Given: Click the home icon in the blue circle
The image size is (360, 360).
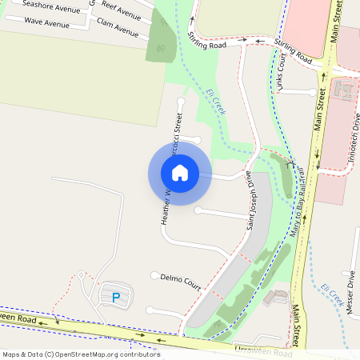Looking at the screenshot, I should click(180, 173).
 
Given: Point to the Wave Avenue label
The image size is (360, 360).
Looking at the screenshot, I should click(45, 21).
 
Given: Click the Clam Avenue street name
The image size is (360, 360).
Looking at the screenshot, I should click(117, 28).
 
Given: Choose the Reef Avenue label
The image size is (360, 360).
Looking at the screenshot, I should click(122, 11).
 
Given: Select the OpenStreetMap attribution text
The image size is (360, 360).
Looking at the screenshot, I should click(81, 354).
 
